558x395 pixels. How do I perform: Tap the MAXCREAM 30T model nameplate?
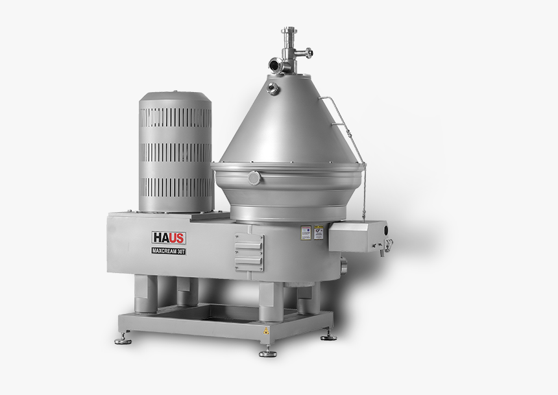[x=169, y=251]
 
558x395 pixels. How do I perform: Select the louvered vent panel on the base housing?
[x=249, y=252]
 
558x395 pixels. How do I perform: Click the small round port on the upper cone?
[x=273, y=88]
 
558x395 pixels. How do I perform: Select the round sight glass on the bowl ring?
[x=253, y=178]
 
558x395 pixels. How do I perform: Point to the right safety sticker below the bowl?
[x=319, y=232]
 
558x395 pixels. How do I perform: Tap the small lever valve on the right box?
[x=388, y=245]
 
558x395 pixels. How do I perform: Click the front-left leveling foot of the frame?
[x=121, y=339]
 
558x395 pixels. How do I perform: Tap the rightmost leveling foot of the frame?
[x=329, y=335]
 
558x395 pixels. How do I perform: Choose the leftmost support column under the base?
[x=146, y=293]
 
